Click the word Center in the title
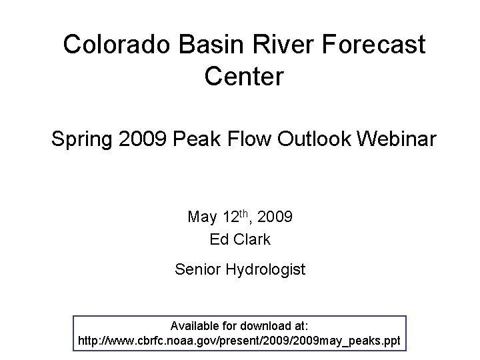pyautogui.click(x=245, y=75)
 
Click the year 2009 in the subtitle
pyautogui.click(x=146, y=141)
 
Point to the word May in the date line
pyautogui.click(x=202, y=217)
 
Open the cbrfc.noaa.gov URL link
pyautogui.click(x=239, y=341)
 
